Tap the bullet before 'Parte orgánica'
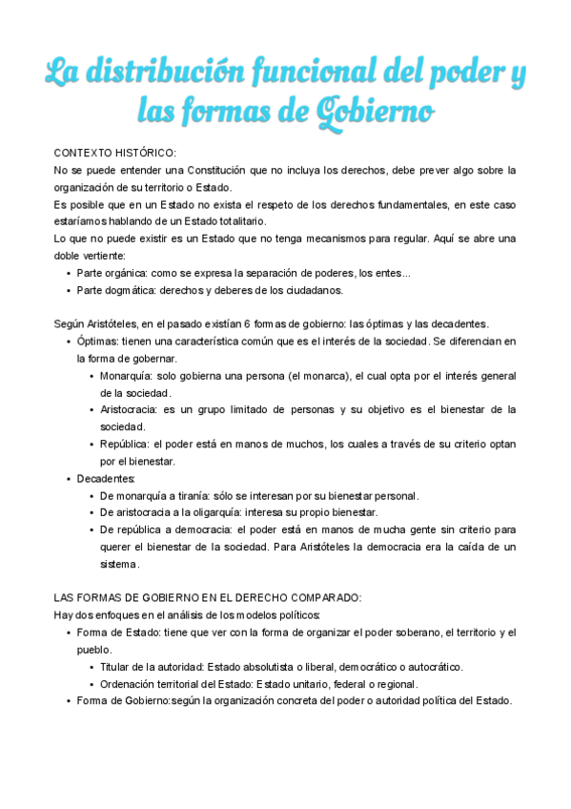pyautogui.click(x=69, y=274)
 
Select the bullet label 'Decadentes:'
pyautogui.click(x=106, y=478)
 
